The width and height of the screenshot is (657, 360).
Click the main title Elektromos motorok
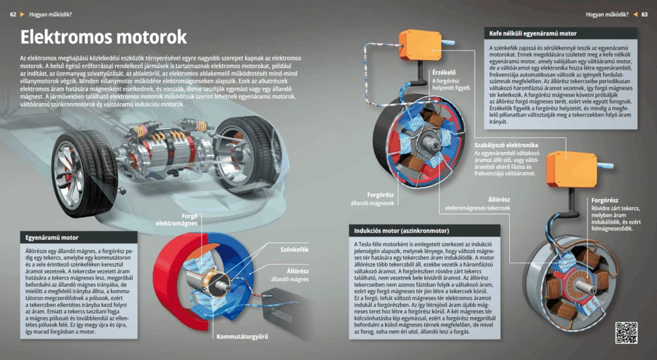point(103,37)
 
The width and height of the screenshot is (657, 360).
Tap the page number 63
point(644,14)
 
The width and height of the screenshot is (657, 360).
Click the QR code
point(626,333)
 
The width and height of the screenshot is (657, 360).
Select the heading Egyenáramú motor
point(52,238)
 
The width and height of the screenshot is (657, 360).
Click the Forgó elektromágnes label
point(177,220)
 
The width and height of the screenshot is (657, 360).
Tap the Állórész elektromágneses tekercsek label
point(477,203)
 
